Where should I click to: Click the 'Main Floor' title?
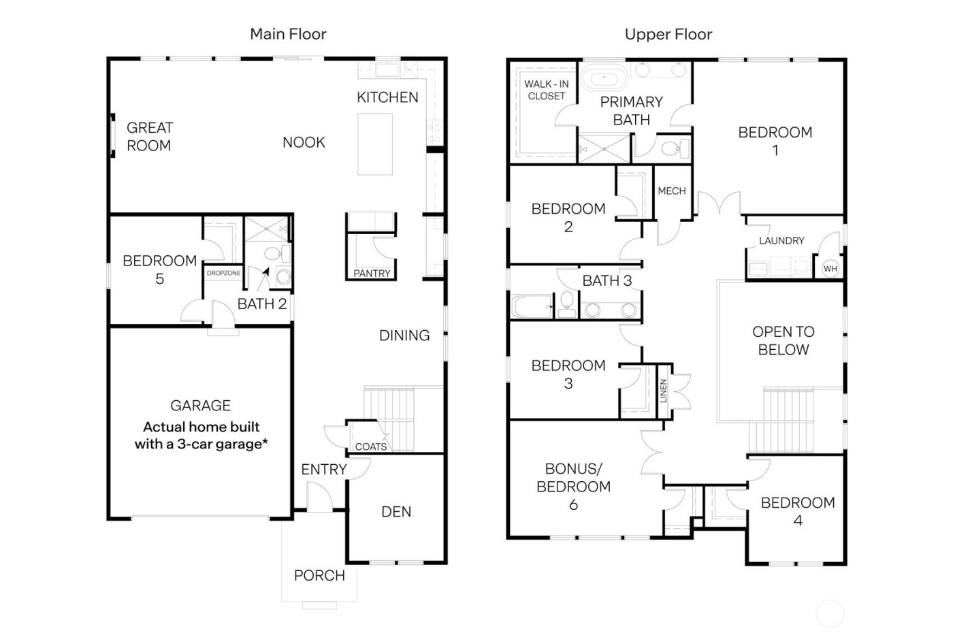pos(288,34)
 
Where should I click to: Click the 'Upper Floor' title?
pos(668,34)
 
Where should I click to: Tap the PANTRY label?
pos(372,274)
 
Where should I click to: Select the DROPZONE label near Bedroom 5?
pos(223,273)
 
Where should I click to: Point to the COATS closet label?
pos(371,446)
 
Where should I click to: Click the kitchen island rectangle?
pos(375,144)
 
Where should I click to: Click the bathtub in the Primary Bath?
pos(604,78)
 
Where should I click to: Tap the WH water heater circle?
pos(830,269)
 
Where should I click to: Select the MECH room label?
pos(671,191)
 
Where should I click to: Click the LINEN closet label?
pos(664,390)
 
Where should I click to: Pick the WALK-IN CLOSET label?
pos(546,91)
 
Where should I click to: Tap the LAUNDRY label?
pos(781,240)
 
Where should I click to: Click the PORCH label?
pos(319,576)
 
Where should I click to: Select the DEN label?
pos(396,512)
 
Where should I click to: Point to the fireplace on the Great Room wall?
pos(112,136)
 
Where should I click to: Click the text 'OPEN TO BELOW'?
pos(783,341)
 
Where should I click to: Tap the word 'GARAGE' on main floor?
pos(200,406)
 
